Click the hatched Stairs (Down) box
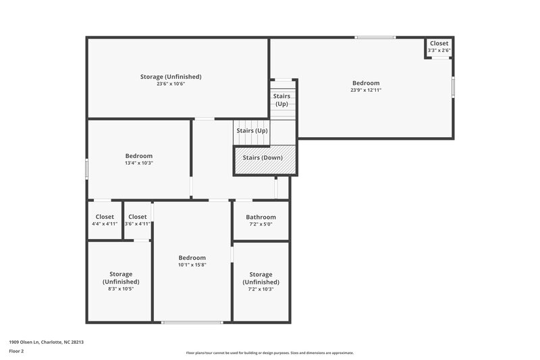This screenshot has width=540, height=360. (x=265, y=161)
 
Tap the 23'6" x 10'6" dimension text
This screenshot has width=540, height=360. (x=171, y=84)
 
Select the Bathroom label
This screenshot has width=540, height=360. (x=261, y=217)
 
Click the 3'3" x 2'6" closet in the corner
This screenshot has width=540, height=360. (x=439, y=47)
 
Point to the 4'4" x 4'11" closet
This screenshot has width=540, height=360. (x=104, y=220)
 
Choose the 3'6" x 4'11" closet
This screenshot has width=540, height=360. (x=137, y=220)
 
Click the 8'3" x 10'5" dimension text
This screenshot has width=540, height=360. (x=121, y=288)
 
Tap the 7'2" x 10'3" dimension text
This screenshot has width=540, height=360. (x=261, y=288)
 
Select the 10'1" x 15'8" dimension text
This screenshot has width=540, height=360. (x=192, y=265)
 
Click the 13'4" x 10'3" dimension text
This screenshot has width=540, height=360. (x=138, y=163)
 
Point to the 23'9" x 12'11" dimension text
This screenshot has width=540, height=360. (x=365, y=90)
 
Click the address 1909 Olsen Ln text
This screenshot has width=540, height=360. (x=46, y=342)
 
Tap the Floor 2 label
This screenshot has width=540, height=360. (x=16, y=351)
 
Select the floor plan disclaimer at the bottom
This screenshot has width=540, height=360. (x=269, y=353)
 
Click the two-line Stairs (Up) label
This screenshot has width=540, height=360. (x=281, y=100)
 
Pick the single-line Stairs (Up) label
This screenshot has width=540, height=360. (x=252, y=130)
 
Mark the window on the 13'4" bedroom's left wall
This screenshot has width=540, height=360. (x=87, y=168)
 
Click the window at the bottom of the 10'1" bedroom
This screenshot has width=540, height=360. (x=192, y=322)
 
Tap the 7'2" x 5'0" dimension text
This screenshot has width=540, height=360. (x=261, y=224)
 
